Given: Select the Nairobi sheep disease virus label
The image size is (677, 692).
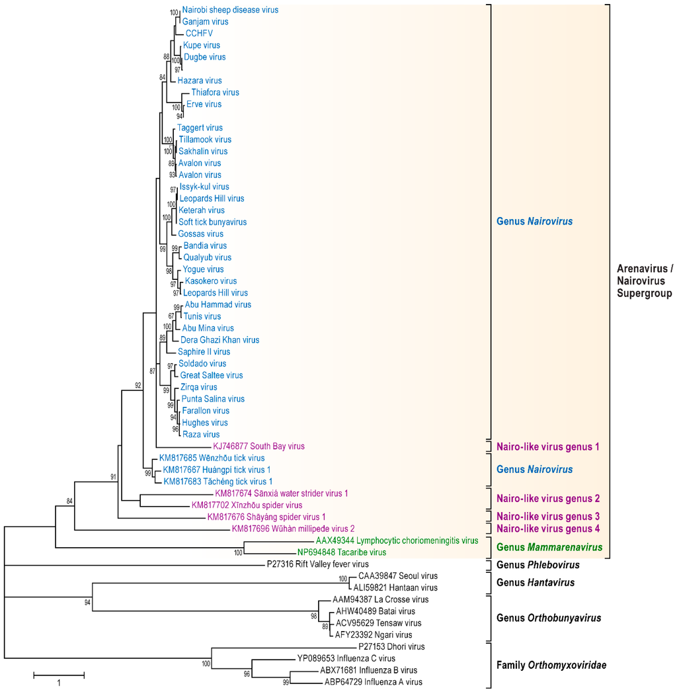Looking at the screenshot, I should coord(230,10).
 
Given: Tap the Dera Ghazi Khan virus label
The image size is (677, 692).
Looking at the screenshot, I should coord(219,340).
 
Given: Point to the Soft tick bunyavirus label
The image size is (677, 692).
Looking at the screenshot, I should coord(212,222).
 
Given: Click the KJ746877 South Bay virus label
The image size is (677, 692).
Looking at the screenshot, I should coord(259,447).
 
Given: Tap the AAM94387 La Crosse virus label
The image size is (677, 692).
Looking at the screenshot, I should coord(374,599).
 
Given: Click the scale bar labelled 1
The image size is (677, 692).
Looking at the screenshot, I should coord(59,675).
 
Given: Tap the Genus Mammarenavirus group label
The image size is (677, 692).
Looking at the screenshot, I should coord(549,547).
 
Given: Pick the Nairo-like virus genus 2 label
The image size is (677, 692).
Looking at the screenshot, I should coord(547,498).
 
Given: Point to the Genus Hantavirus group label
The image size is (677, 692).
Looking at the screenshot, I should coord(535,582).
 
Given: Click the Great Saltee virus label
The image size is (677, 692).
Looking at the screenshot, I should coord(212,376).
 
